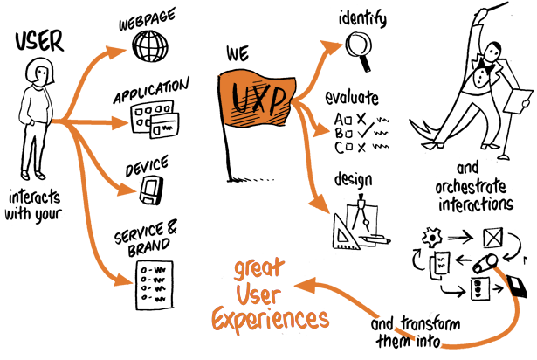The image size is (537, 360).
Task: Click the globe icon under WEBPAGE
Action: tap(150, 46)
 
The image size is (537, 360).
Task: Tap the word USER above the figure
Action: tap(39, 41)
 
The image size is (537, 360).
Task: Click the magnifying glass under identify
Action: tap(359, 51)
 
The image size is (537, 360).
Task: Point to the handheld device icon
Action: tap(151, 190)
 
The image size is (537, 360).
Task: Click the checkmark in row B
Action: tap(365, 131)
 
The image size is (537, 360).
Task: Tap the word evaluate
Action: tap(352, 98)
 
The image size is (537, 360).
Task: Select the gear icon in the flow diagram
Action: tap(432, 238)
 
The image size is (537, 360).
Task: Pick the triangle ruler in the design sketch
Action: tap(344, 234)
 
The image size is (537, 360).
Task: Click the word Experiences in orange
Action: tap(271, 319)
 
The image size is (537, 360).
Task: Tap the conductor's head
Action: tap(492, 52)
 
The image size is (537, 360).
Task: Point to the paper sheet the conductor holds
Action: tap(518, 101)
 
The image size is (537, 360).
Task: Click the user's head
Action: tap(39, 72)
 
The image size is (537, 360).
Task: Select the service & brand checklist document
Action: tap(155, 285)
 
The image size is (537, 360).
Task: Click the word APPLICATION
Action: tap(151, 91)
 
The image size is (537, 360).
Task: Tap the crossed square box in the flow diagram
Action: tap(493, 238)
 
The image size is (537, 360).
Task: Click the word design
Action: tap(353, 180)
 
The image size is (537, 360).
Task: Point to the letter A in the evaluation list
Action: tap(339, 120)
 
